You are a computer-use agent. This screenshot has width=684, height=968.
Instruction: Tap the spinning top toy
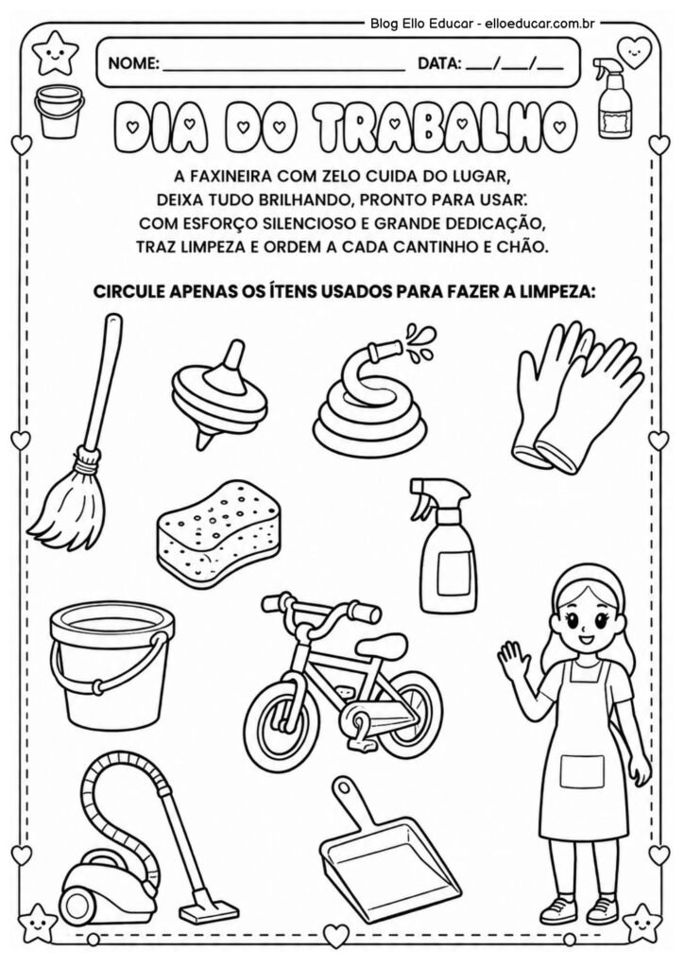point(217,392)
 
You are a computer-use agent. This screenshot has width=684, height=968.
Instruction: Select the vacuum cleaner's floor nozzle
point(208,909)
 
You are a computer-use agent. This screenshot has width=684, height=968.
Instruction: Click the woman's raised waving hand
point(511,657)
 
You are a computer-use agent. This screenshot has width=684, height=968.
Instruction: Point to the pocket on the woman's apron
point(581,770)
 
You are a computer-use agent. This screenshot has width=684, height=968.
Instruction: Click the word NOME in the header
point(133,65)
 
